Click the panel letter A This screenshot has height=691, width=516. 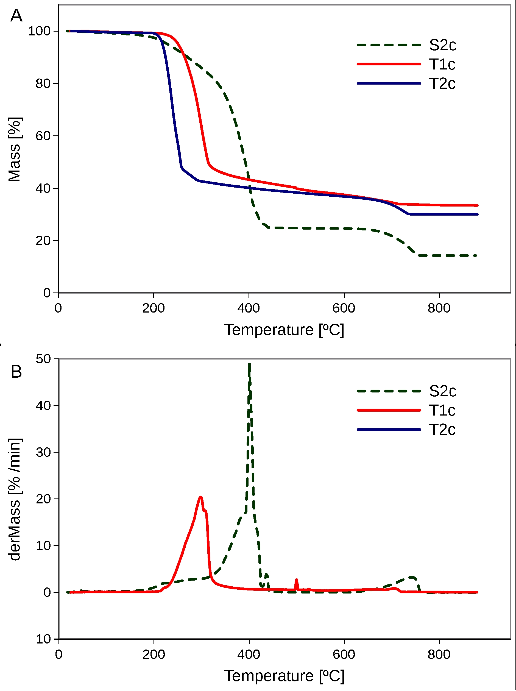16,16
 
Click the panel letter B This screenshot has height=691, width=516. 16,372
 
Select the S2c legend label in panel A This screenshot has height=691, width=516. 442,45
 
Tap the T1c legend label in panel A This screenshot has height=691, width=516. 442,64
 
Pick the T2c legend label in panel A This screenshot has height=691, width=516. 442,84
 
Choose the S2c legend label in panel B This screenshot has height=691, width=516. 442,391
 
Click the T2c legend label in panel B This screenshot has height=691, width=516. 442,430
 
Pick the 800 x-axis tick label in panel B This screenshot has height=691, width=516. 439,654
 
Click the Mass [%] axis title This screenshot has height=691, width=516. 14,149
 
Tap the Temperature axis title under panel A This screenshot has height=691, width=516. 284,330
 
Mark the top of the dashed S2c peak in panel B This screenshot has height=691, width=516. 249,364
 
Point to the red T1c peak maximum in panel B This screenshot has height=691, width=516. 200,497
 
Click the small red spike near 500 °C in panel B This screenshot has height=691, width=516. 296,580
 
